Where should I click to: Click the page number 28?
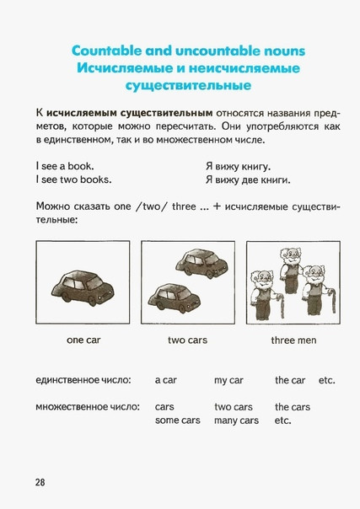click(40, 482)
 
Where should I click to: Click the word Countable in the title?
click(106, 51)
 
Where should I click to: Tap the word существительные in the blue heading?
click(188, 85)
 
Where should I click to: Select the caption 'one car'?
click(83, 340)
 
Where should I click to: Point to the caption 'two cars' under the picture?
click(187, 340)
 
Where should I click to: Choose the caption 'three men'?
click(293, 340)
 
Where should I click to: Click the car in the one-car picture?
click(83, 286)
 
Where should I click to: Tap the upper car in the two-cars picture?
click(201, 263)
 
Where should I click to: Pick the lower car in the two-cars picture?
click(174, 298)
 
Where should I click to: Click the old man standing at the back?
click(290, 271)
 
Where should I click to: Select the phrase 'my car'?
click(228, 380)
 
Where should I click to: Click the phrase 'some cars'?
click(178, 420)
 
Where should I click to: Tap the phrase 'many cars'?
click(236, 421)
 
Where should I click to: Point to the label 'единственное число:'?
click(83, 380)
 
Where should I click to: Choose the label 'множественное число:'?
click(88, 406)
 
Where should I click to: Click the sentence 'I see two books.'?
click(73, 179)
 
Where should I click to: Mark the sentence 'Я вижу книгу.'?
click(238, 167)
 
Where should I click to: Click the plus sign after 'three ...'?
click(216, 206)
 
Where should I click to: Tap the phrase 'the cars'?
click(293, 407)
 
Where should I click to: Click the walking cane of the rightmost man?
click(331, 300)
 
